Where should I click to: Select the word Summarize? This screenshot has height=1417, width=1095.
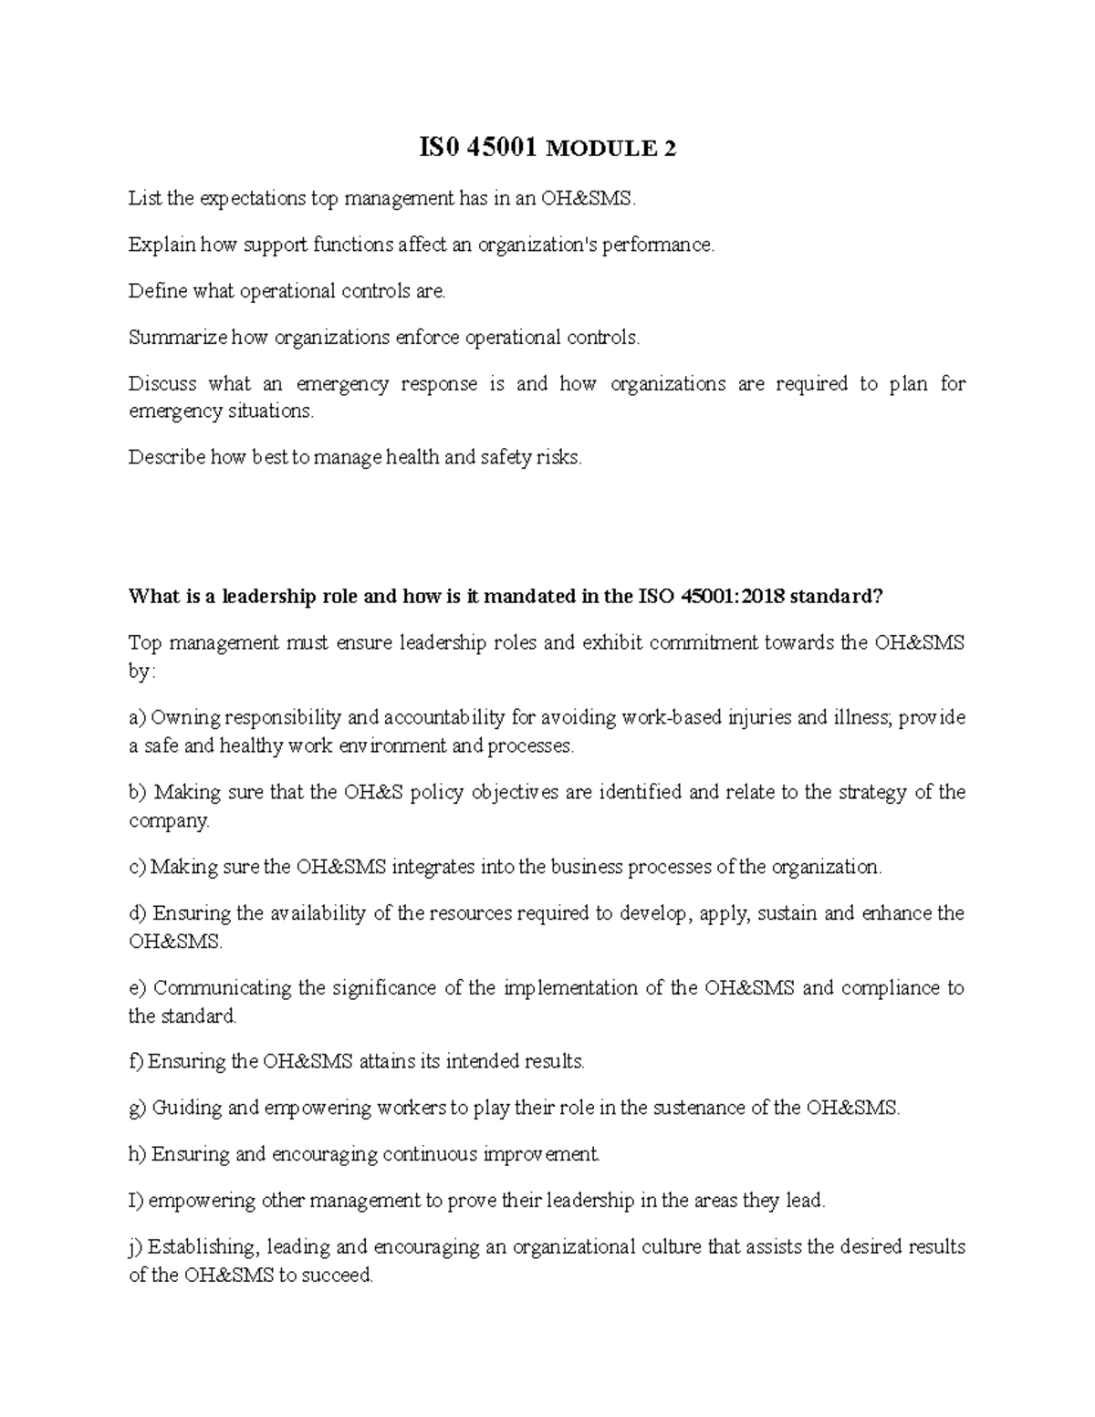click(x=178, y=338)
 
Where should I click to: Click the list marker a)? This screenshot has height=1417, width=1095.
click(x=137, y=718)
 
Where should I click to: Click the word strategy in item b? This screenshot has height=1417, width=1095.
click(x=866, y=792)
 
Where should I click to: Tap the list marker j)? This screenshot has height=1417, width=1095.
click(x=136, y=1247)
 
